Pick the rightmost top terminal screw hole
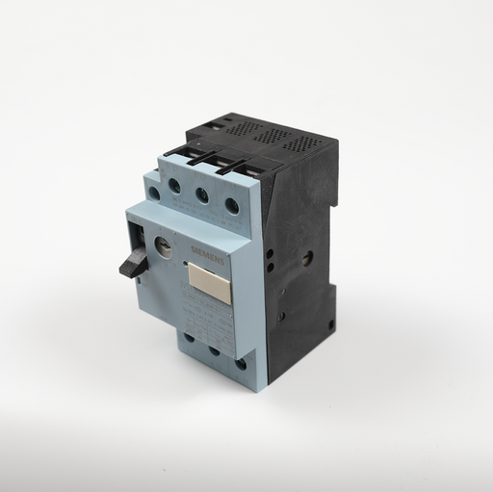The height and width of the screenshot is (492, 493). pos(231,204)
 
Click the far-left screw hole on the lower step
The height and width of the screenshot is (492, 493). pos(154,193)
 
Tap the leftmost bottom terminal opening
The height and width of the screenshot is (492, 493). pos(189,337)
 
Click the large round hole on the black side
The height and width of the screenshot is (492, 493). pos(307,258)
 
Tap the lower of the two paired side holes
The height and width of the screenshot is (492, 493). pos(271,268)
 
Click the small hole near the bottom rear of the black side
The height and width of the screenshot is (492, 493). pos(330,325)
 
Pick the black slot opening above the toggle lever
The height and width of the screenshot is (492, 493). pos(137,230)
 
